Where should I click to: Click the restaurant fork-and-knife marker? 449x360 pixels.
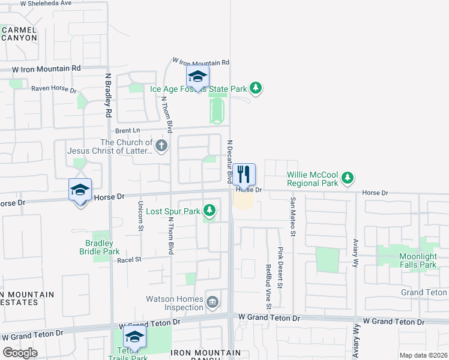pos(244,175)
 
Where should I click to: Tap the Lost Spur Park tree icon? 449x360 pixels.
pos(209,211)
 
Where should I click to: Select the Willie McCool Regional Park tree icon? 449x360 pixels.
pos(347,177)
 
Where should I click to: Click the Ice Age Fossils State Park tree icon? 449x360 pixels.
pos(256,89)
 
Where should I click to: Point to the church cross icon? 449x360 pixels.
pos(161,146)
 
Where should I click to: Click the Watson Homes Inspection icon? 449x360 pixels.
pos(212,302)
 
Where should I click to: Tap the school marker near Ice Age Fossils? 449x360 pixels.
pos(197,77)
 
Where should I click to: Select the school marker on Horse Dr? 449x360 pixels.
pos(80,190)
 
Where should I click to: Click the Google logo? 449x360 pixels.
pos(20,353)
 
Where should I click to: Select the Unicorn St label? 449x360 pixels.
pos(141,214)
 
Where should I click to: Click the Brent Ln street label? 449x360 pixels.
pos(127,130)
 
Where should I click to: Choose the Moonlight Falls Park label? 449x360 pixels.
pos(409,260)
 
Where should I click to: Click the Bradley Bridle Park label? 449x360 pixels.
pos(99,247)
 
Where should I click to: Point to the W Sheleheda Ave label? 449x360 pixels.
pos(53,3)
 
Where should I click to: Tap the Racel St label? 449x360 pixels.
pos(129,259)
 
